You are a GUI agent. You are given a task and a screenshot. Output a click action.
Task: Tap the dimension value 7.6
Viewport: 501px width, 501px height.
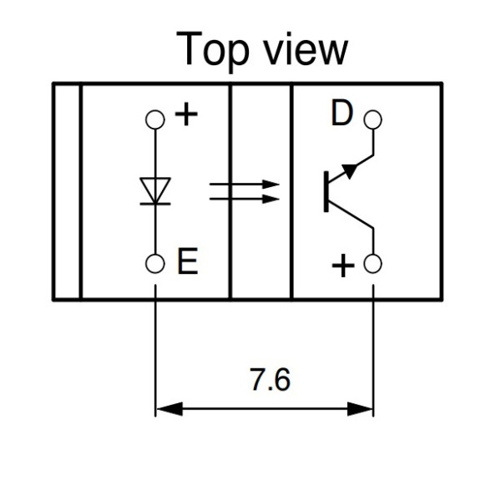(270, 380)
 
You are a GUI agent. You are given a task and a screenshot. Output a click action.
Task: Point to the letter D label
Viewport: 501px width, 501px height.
(342, 114)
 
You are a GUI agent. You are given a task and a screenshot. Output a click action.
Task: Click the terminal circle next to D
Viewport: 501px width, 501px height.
(373, 119)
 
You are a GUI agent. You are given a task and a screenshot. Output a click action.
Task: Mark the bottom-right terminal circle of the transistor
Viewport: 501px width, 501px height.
(373, 265)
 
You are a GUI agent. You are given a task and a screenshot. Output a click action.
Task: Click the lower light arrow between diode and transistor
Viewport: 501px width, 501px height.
(242, 200)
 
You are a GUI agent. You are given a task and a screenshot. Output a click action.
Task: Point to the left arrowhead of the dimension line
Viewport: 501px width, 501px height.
(167, 409)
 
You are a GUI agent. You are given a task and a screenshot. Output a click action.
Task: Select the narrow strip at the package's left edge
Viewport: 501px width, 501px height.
(66, 190)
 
